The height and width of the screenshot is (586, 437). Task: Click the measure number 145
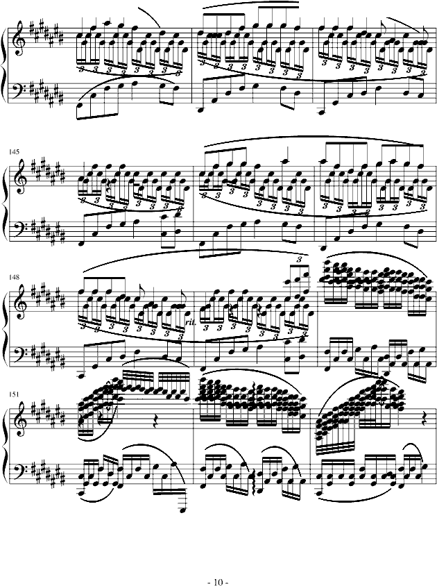tap(15, 152)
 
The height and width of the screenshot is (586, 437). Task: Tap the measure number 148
tap(15, 278)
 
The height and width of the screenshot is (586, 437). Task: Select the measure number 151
tap(15, 394)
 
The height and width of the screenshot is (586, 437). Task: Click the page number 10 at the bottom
tap(218, 582)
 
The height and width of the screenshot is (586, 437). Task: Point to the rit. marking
tap(190, 322)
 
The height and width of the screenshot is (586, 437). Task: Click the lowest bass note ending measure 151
tap(182, 510)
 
